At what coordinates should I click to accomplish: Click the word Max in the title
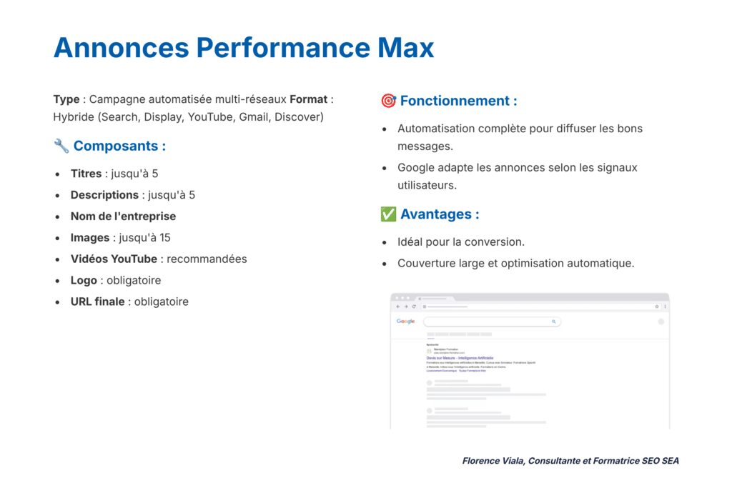(x=405, y=48)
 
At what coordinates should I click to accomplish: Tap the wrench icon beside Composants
(x=61, y=146)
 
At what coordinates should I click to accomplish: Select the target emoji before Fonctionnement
(x=388, y=101)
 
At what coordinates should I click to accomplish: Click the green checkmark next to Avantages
(x=388, y=214)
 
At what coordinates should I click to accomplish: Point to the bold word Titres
(x=86, y=174)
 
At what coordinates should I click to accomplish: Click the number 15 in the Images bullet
(x=164, y=238)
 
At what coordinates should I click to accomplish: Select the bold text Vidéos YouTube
(x=114, y=259)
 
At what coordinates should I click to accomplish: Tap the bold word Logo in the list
(x=84, y=281)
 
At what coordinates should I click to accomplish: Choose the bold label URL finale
(x=97, y=302)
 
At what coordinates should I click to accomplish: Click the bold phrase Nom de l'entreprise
(x=123, y=216)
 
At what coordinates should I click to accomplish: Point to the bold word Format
(x=309, y=99)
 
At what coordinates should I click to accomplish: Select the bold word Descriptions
(x=104, y=195)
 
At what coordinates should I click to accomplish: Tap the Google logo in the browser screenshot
(x=405, y=322)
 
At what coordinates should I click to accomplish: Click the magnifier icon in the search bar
(x=553, y=322)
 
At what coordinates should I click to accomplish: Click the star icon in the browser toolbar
(x=656, y=307)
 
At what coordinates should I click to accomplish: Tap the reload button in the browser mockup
(x=414, y=307)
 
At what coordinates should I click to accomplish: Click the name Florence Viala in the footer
(x=493, y=461)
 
